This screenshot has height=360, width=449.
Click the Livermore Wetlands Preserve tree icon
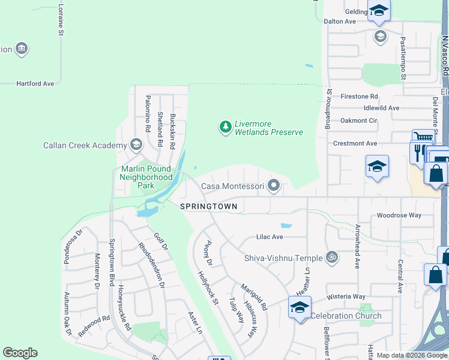225,127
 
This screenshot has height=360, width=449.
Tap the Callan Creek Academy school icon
136,145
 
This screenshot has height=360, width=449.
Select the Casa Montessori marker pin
274,185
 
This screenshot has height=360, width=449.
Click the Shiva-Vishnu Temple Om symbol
332,257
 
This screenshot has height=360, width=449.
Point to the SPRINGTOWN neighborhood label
209,206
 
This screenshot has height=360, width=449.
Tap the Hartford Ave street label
35,83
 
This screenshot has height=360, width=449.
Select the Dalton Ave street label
340,21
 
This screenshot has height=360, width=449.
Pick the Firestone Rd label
359,96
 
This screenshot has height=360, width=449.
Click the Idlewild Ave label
381,108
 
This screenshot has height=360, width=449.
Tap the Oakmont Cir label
358,120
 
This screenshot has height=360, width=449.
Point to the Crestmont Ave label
355,143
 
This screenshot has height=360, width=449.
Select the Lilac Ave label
270,237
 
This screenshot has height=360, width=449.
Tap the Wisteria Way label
346,296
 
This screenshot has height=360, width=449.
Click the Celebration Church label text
346,316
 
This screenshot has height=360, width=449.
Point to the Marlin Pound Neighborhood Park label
146,177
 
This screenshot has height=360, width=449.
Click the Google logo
20,353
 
